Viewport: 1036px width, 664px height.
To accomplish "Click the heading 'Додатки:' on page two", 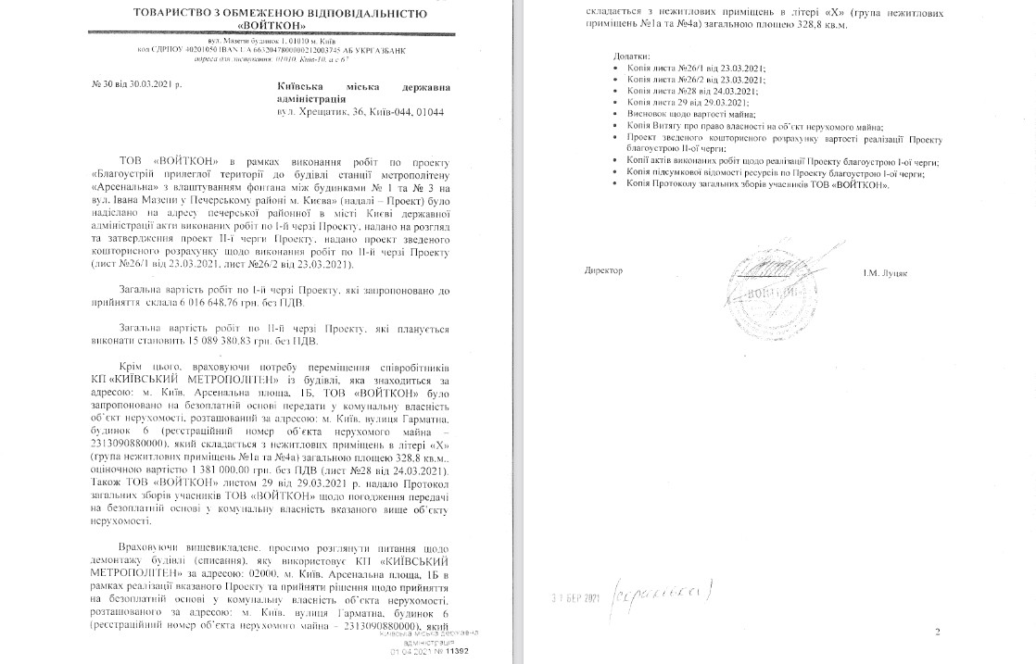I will [x=632, y=56].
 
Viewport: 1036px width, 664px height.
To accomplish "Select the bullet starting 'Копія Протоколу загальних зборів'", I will [x=757, y=183].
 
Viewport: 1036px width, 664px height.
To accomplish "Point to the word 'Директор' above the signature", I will [x=604, y=270].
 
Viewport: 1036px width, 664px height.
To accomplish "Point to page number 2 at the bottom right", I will [x=937, y=632].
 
